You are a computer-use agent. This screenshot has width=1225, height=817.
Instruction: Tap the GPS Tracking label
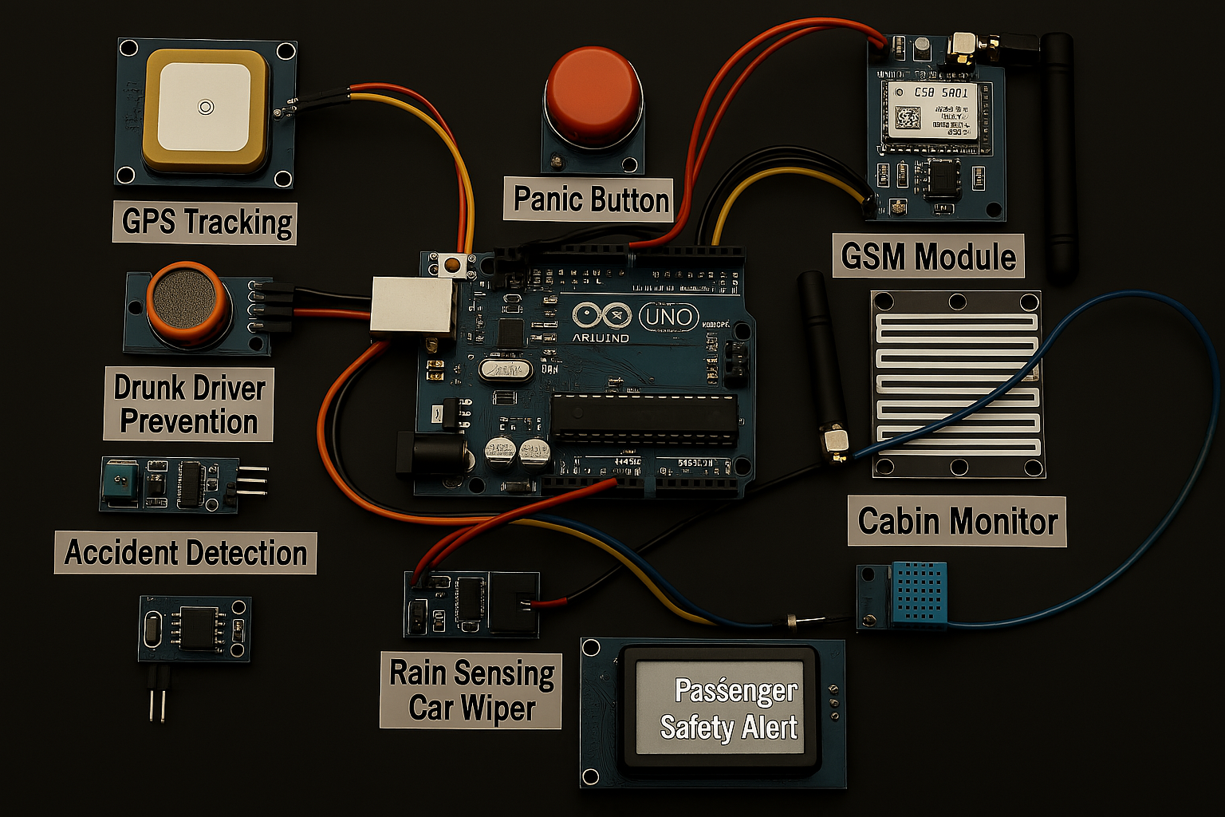[x=206, y=222]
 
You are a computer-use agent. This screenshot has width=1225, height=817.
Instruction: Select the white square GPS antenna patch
[x=205, y=107]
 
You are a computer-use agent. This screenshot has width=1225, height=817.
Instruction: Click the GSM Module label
[x=928, y=256]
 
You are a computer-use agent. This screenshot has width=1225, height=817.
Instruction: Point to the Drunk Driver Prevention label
[x=189, y=405]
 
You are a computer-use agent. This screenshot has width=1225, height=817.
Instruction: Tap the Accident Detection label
[x=186, y=553]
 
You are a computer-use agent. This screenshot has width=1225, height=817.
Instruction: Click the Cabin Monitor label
[x=957, y=522]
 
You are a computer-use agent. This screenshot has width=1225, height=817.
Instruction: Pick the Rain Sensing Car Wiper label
[x=471, y=691]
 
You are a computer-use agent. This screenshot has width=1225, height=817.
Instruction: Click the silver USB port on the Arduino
[x=412, y=304]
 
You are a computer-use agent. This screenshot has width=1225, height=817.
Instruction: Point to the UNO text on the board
[x=668, y=317]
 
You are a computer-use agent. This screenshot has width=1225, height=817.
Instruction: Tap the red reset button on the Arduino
[x=452, y=264]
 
